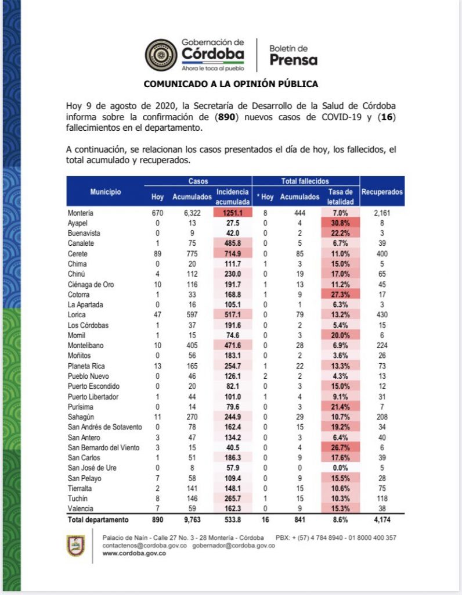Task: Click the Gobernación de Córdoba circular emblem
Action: click(162, 55)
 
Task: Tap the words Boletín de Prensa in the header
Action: click(293, 55)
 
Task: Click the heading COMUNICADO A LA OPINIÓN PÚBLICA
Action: click(230, 84)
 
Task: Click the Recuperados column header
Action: click(382, 191)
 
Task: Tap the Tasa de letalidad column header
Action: click(340, 196)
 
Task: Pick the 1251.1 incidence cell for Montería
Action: click(232, 213)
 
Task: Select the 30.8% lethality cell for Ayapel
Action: click(340, 222)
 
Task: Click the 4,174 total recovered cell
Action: click(382, 519)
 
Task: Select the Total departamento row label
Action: click(98, 519)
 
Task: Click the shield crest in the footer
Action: click(75, 545)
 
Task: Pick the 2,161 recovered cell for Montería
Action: click(382, 213)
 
